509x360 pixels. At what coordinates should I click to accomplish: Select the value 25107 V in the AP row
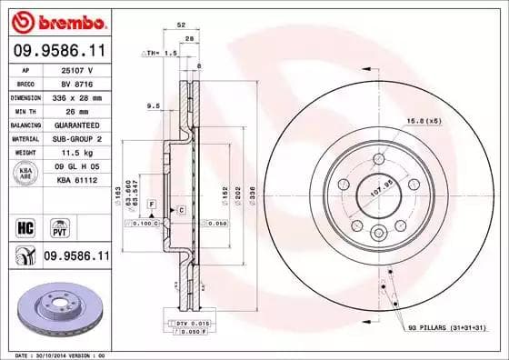coord(73,68)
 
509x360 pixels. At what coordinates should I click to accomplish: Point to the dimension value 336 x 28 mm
coord(76,96)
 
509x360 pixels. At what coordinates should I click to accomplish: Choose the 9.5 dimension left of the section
coord(154,106)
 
